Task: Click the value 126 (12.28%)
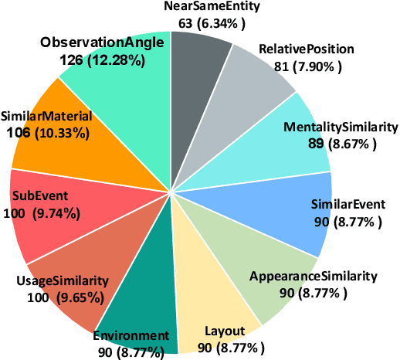100,58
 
